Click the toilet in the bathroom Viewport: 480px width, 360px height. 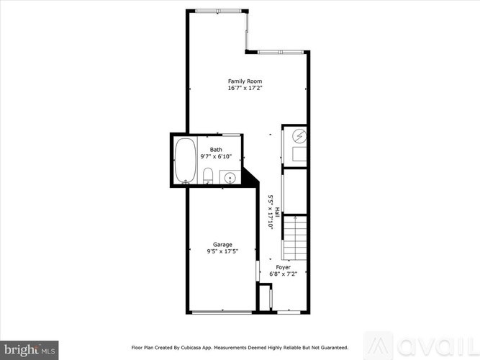point(207,176)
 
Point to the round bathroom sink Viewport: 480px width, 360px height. point(230,177)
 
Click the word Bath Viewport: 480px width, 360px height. point(216,149)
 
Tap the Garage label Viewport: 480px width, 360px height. point(222,244)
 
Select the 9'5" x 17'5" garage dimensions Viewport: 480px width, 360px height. point(222,251)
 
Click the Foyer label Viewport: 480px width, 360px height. point(283,267)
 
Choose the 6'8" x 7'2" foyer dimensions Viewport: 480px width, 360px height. point(283,274)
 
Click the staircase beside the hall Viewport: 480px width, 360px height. point(294,238)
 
